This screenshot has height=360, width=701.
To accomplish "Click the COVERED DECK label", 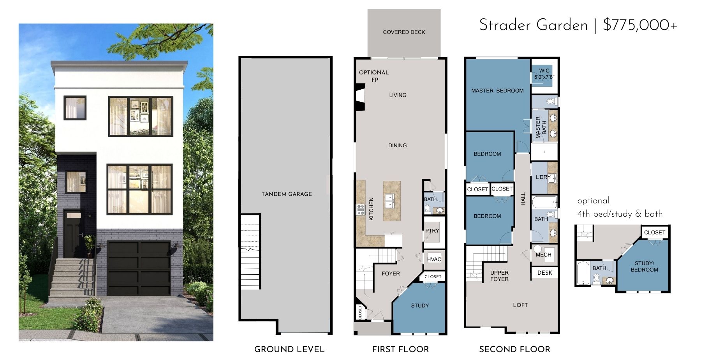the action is (404, 32).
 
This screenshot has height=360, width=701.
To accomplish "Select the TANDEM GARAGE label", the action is (287, 194).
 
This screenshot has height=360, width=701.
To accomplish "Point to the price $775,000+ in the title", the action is (640, 25).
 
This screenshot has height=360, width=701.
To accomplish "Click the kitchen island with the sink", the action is (391, 201).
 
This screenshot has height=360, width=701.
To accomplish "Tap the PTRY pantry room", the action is (432, 232).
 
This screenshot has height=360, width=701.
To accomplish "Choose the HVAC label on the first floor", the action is (434, 259).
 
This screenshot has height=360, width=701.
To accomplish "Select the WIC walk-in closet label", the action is (544, 71).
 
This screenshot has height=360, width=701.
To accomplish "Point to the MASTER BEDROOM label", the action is (497, 91).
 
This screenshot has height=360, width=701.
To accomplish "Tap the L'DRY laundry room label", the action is (543, 177).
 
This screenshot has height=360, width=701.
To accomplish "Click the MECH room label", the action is (543, 255).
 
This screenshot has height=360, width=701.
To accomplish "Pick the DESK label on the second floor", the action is (544, 273).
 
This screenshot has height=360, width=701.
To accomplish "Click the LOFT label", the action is (520, 305).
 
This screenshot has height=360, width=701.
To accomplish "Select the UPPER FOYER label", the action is (499, 276).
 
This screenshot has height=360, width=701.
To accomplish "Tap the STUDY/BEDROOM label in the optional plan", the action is (644, 266).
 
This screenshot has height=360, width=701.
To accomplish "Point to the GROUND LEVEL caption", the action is (289, 349).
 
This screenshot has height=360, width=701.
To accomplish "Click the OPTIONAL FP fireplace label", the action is (374, 76).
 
